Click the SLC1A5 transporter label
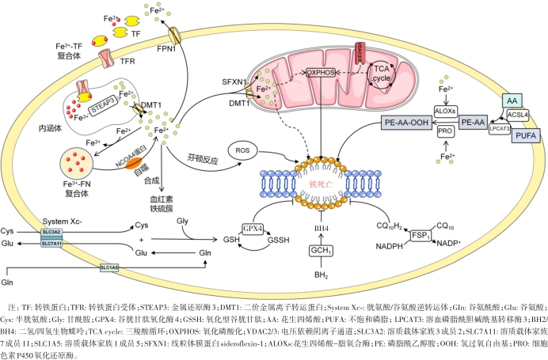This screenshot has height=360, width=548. (109, 268)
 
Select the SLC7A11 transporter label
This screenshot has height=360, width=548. (51, 244)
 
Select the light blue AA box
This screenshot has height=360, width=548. (511, 100)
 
